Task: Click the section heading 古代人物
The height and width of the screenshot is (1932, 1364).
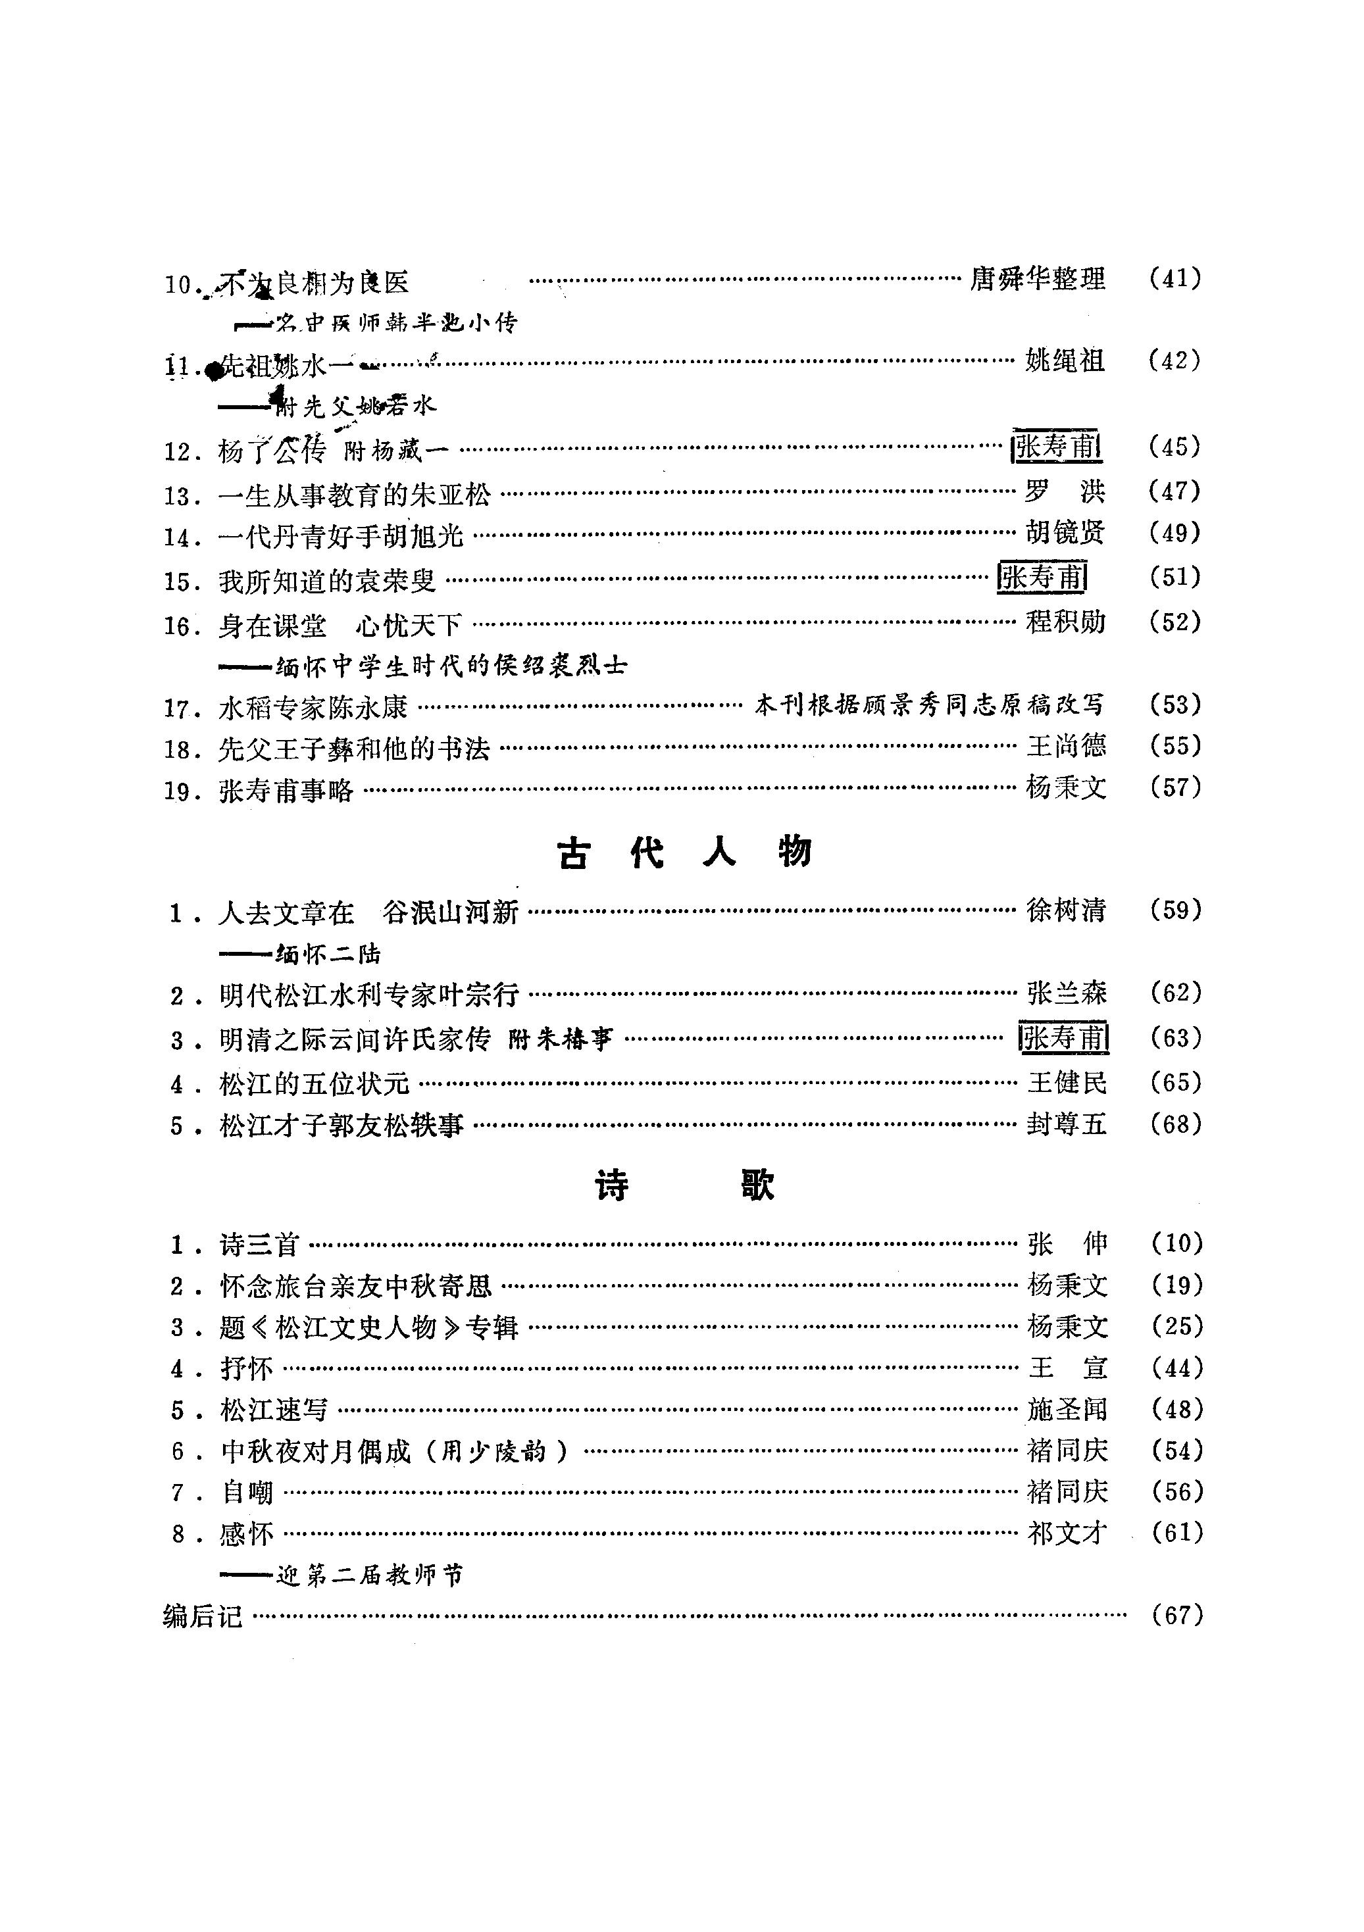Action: (x=683, y=853)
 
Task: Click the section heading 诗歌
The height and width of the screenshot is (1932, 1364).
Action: (x=683, y=1185)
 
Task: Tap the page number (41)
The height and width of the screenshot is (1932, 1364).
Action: (x=1175, y=278)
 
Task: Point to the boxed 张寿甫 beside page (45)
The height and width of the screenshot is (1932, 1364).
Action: (x=1057, y=447)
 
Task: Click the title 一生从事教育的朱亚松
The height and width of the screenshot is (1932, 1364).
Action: (x=353, y=494)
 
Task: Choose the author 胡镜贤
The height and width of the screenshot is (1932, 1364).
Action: (x=1065, y=533)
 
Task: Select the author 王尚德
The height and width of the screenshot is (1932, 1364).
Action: (x=1065, y=745)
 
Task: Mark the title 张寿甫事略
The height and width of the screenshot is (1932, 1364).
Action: (x=286, y=790)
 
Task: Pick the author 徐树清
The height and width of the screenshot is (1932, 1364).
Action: (x=1065, y=910)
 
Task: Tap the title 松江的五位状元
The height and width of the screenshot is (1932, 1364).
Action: (x=314, y=1082)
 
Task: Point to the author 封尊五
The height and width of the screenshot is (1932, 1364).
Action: (x=1065, y=1124)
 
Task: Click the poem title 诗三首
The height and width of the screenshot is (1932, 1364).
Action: (x=259, y=1244)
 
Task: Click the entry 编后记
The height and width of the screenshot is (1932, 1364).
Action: (x=203, y=1616)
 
